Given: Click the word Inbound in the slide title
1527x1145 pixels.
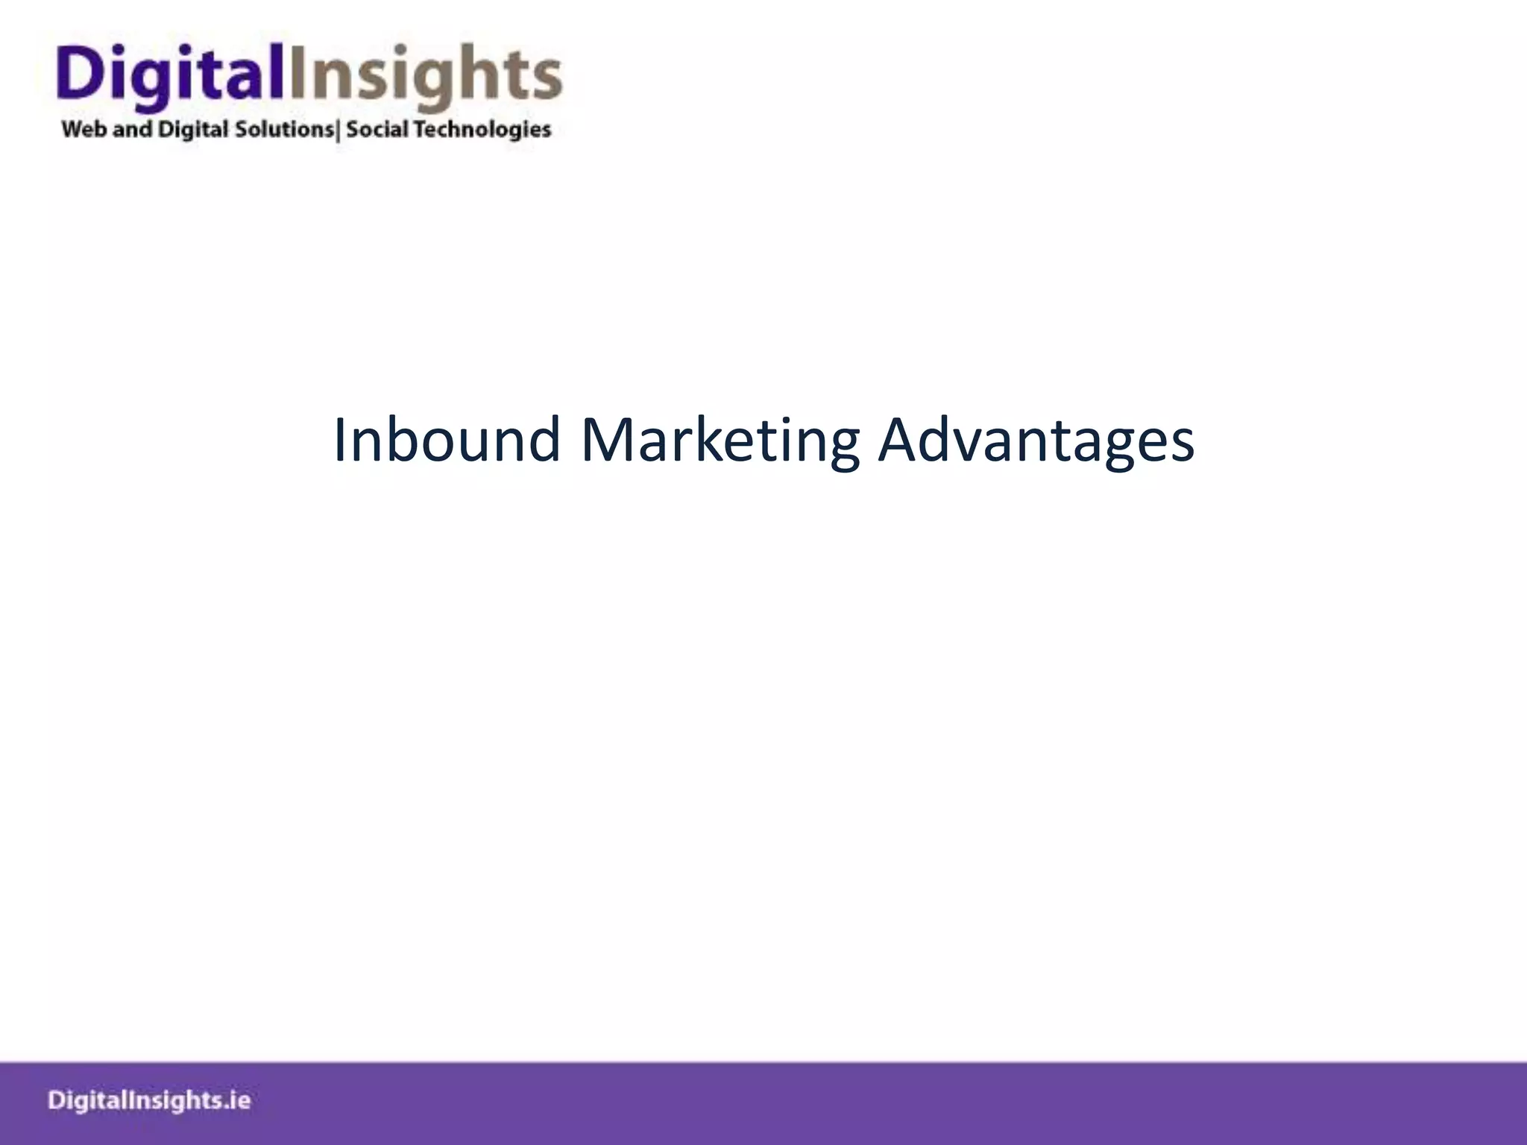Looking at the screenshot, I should [x=446, y=440].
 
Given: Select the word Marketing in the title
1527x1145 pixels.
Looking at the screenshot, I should [x=720, y=440].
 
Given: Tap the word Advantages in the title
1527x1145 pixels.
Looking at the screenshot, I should [x=1036, y=440].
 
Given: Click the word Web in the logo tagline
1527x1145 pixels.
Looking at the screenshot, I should [x=84, y=130].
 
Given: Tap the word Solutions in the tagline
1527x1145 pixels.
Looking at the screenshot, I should [x=284, y=130].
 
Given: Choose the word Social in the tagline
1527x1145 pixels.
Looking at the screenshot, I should [x=377, y=130].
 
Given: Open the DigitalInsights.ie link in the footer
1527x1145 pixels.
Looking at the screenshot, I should [x=149, y=1101].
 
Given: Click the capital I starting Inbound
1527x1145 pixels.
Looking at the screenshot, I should [x=340, y=440].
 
